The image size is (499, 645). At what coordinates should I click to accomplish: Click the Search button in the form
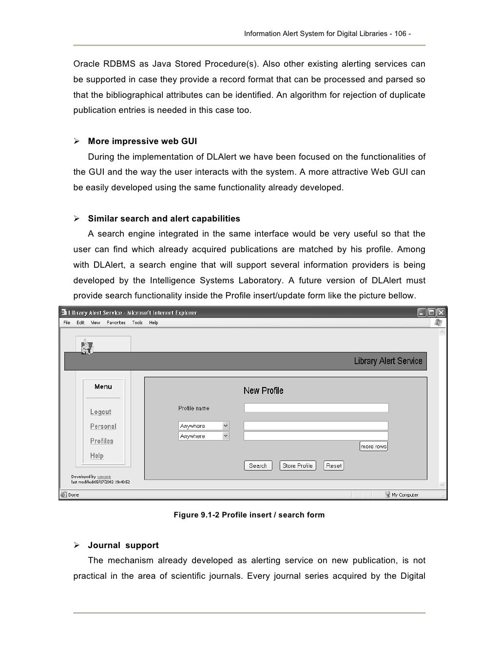[x=258, y=466]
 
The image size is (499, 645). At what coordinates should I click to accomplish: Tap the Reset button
[x=334, y=466]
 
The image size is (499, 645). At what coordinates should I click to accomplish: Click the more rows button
[x=373, y=446]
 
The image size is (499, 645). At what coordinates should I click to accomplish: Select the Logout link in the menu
[x=100, y=412]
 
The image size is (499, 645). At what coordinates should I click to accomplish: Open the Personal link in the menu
[x=103, y=426]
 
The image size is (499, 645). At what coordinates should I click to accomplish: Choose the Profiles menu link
[x=101, y=441]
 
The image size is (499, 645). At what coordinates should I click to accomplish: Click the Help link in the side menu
[x=96, y=456]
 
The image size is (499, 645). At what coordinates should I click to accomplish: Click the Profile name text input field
[x=316, y=408]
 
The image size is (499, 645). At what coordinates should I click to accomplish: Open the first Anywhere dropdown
[x=204, y=426]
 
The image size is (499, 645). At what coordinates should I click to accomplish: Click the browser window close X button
[x=441, y=313]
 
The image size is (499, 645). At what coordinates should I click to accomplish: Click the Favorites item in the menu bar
[x=116, y=323]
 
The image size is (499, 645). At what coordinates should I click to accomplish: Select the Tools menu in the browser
[x=137, y=323]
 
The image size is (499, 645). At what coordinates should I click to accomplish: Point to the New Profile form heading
[x=263, y=391]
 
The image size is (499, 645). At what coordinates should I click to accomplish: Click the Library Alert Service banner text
[x=388, y=361]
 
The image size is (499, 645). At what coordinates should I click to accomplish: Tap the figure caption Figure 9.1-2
[x=249, y=515]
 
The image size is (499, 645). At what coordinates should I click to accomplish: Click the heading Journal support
[x=123, y=545]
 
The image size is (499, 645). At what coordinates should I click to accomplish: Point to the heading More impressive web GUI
[x=142, y=141]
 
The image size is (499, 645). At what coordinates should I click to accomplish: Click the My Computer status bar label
[x=405, y=495]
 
